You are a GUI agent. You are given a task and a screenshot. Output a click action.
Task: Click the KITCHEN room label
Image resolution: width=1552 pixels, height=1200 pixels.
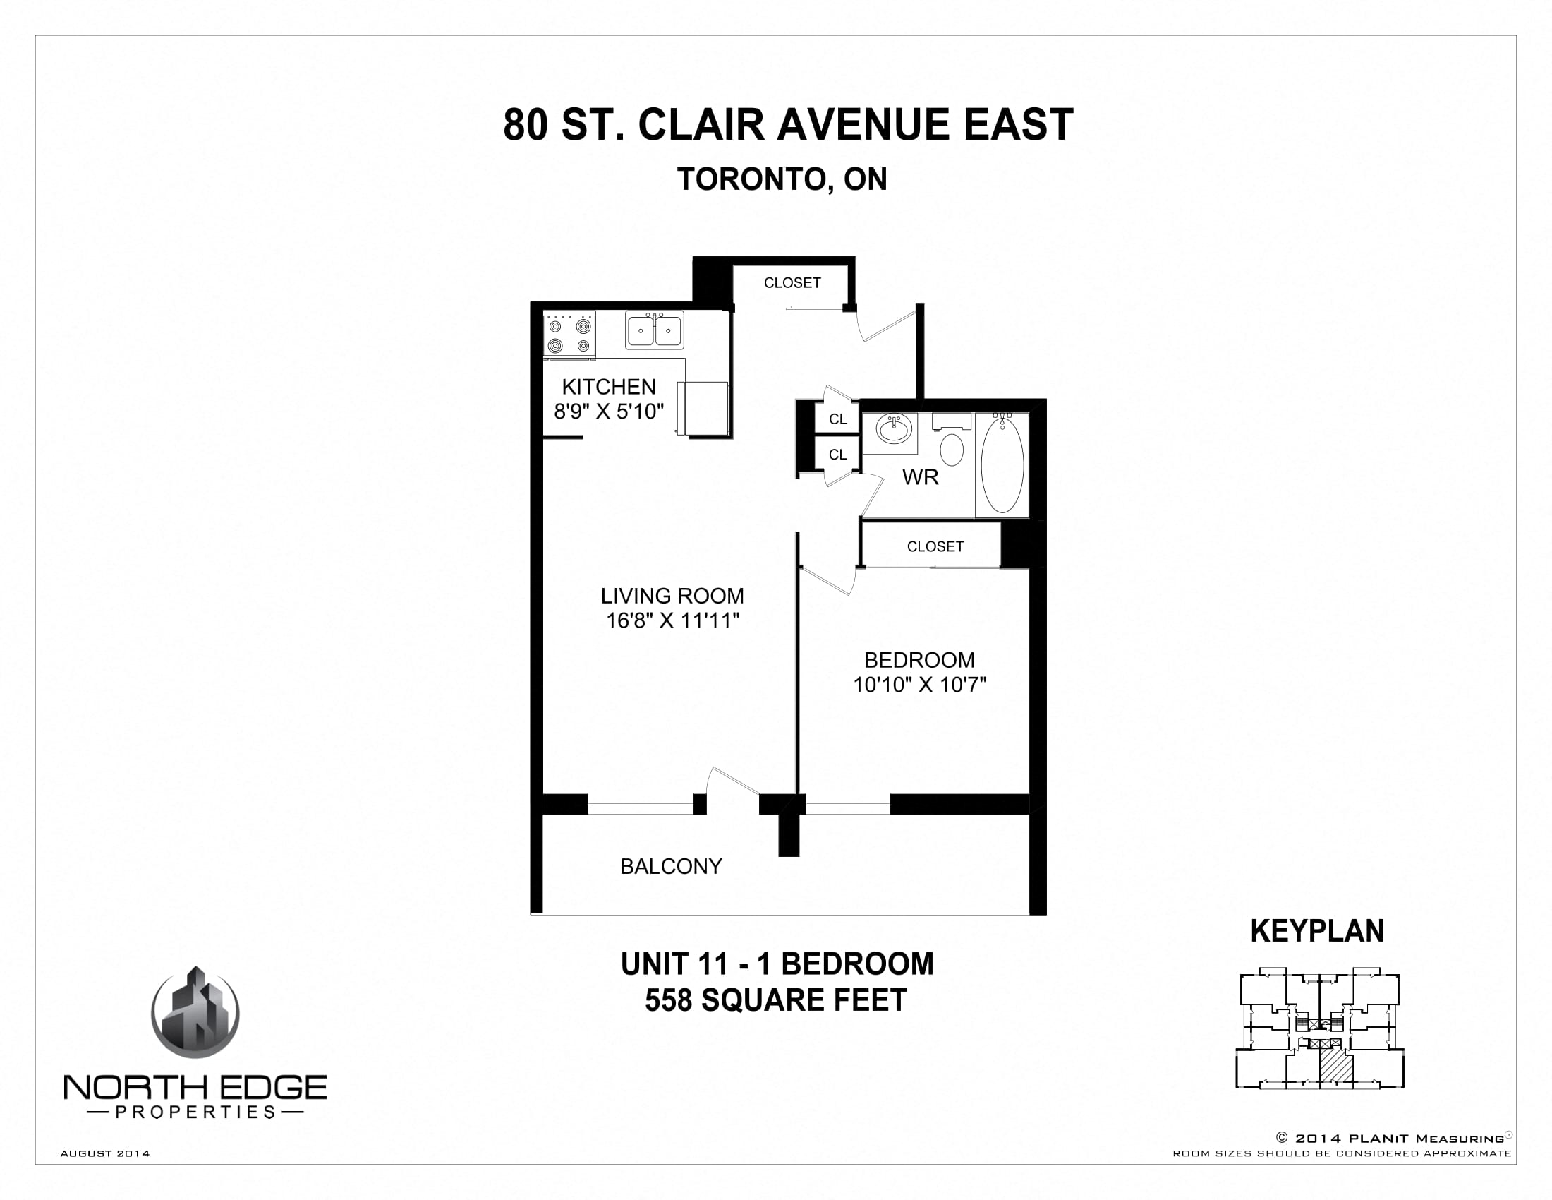(608, 387)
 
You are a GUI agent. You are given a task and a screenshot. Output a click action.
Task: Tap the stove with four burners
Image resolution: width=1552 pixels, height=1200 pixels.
(569, 335)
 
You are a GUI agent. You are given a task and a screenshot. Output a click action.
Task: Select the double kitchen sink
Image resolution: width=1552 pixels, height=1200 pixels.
(655, 330)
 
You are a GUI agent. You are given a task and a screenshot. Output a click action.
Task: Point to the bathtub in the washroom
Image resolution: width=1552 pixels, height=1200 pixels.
(1002, 465)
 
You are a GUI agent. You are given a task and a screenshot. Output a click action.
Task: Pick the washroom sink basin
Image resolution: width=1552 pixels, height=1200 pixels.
(894, 429)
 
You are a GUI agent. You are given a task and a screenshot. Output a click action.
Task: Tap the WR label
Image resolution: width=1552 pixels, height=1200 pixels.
(920, 477)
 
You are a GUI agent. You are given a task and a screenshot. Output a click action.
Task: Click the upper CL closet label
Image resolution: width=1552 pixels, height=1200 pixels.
(838, 419)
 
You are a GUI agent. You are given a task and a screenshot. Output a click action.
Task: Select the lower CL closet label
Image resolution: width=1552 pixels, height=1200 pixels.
(838, 455)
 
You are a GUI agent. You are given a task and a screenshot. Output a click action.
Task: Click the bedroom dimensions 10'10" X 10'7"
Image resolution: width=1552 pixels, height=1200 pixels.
(919, 685)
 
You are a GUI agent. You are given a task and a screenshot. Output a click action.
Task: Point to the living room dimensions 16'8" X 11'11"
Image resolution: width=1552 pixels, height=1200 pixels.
(672, 620)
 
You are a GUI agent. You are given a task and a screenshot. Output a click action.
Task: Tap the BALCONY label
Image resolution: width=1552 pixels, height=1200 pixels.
(671, 866)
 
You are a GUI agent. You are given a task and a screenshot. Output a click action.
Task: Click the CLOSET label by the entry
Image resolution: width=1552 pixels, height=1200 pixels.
(792, 283)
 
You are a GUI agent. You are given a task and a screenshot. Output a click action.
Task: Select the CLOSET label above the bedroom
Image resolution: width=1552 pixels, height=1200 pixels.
(935, 546)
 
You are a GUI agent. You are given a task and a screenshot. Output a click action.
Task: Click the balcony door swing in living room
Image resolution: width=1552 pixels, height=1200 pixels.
(732, 781)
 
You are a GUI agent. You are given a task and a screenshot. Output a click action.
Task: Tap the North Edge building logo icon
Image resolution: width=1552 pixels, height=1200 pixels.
(195, 1012)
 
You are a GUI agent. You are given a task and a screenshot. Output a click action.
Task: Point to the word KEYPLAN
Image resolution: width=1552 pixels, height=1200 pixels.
(1317, 931)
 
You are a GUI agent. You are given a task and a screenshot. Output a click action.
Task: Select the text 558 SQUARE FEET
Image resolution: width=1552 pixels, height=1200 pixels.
(776, 1000)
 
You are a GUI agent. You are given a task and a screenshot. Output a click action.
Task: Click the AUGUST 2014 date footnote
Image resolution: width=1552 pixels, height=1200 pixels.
(105, 1154)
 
